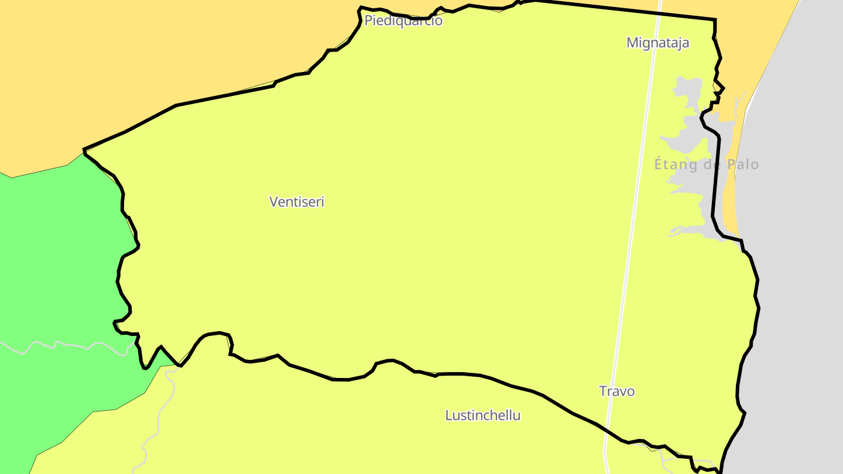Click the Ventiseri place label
[x=297, y=202]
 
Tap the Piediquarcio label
[x=403, y=21]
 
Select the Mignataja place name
[x=657, y=43]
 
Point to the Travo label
[x=616, y=391]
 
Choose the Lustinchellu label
[x=482, y=415]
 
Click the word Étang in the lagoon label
[x=676, y=164]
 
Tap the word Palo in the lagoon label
[x=743, y=164]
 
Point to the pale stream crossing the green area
[x=70, y=345]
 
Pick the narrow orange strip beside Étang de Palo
[x=729, y=193]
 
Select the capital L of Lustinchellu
[x=448, y=415]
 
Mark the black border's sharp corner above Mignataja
[x=715, y=20]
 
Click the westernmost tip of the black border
[x=84, y=150]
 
